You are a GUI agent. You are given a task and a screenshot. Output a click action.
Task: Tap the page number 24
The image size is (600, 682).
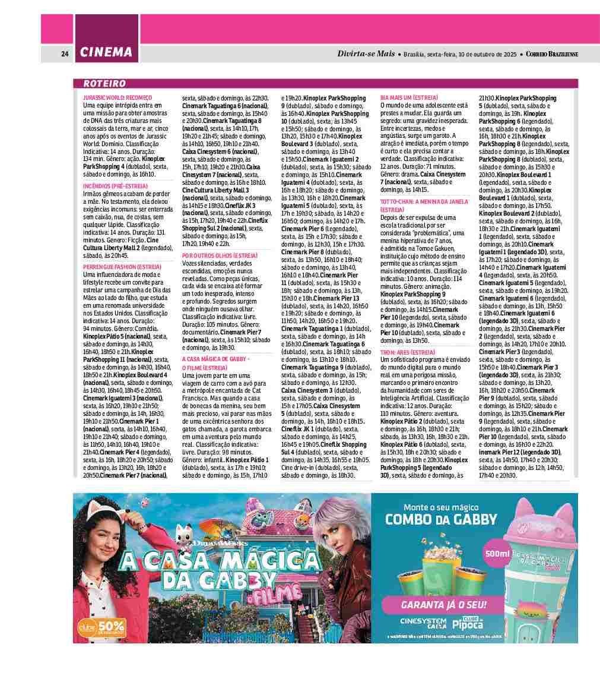click(65, 53)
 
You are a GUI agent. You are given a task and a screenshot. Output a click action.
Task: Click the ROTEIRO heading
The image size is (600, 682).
click(104, 84)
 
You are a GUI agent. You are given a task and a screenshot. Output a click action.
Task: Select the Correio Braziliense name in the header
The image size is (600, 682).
click(552, 54)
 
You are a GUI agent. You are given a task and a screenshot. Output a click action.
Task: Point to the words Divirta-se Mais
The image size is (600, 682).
click(366, 53)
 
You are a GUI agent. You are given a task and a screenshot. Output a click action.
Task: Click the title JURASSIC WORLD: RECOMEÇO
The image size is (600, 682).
click(118, 97)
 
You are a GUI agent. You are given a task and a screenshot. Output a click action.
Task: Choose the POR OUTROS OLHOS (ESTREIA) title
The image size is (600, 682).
click(220, 255)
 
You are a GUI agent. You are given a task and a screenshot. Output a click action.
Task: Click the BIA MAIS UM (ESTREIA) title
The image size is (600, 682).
click(409, 97)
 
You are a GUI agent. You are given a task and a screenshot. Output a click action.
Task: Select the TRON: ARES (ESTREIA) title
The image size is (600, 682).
click(407, 353)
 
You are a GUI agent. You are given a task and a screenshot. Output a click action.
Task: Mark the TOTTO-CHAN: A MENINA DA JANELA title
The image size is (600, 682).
click(424, 202)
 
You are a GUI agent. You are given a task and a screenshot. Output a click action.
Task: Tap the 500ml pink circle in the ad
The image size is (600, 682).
click(498, 554)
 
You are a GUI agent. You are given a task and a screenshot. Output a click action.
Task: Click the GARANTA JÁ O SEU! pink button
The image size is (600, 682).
click(444, 605)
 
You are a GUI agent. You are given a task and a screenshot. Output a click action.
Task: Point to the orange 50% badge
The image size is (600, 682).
click(102, 627)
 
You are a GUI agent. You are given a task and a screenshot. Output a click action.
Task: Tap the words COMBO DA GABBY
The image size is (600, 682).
click(441, 519)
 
